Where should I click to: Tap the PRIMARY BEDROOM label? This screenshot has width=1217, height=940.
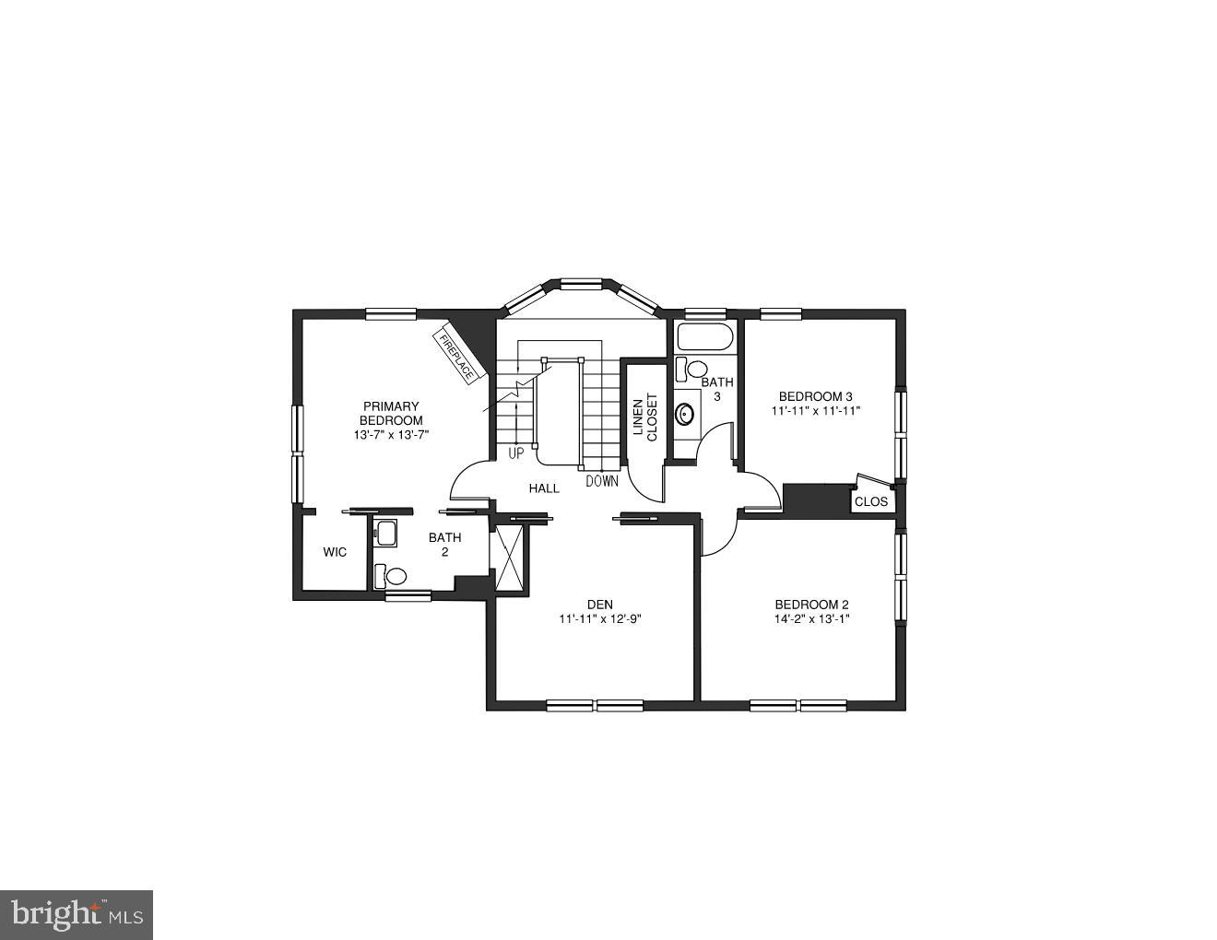[x=391, y=413]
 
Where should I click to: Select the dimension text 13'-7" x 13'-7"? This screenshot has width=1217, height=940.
[x=391, y=435]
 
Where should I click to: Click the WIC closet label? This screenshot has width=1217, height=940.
[x=335, y=552]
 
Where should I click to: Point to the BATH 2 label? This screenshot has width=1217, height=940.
[x=444, y=545]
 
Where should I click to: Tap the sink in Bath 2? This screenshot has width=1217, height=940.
[x=386, y=533]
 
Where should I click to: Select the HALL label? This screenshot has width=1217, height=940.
[x=544, y=488]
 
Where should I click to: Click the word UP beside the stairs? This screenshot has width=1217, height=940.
[x=516, y=453]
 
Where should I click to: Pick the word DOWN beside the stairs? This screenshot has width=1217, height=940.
[x=602, y=481]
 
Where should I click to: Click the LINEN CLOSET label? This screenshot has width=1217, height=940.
[x=644, y=417]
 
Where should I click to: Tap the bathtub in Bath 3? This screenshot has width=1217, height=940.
[x=705, y=337]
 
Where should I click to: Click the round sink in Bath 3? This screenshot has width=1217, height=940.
[x=685, y=414]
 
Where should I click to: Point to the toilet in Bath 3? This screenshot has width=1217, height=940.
[x=692, y=370]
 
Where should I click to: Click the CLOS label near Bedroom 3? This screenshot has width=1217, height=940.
[x=871, y=501]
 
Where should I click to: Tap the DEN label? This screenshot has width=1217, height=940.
[x=599, y=605]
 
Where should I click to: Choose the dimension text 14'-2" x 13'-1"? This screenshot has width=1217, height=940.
[x=811, y=619]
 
